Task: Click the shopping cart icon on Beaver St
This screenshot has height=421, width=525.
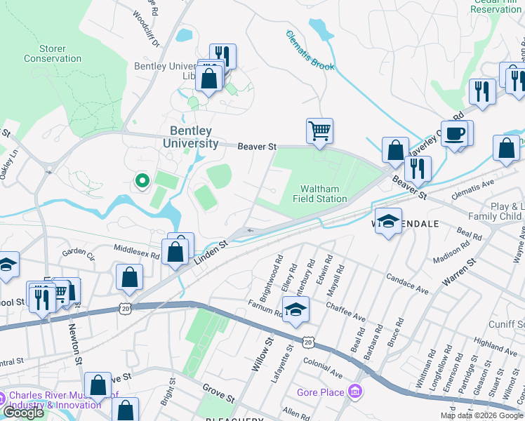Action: pos(319,131)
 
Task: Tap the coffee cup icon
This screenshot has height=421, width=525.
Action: pos(455,133)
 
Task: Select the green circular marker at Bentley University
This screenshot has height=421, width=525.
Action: pos(142,182)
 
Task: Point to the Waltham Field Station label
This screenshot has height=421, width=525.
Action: pos(324,194)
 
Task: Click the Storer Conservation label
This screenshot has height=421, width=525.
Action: pos(53,53)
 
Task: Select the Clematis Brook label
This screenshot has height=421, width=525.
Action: pos(310,51)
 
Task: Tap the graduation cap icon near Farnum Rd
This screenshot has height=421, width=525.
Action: pos(296,309)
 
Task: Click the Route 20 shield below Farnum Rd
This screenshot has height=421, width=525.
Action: pos(308,341)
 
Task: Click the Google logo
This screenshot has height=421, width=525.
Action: pos(23,413)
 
